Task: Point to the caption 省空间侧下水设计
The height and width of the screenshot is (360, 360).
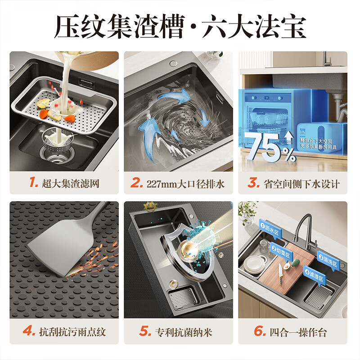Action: click(301, 184)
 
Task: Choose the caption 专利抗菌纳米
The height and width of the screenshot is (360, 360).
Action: click(184, 333)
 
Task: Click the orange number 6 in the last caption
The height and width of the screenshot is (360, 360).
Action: click(260, 332)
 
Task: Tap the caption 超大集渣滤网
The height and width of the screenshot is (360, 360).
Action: click(70, 183)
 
